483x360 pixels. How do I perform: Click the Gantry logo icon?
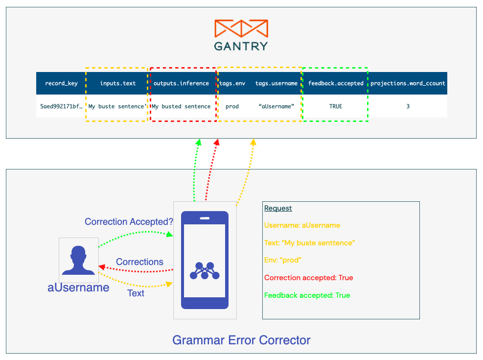point(241,28)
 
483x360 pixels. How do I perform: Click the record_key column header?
point(61,83)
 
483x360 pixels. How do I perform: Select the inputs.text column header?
point(118,83)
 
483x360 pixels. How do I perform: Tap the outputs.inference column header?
point(182,83)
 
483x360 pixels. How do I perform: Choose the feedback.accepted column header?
point(336,83)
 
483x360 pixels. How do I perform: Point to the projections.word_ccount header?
point(408,83)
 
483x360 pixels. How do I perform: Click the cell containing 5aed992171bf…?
point(61,106)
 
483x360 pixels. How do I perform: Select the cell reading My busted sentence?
point(182,106)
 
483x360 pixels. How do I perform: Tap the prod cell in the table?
point(232,106)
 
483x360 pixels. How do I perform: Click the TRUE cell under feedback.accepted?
point(336,106)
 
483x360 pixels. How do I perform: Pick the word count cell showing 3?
point(408,106)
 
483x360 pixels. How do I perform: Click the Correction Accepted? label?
point(129,221)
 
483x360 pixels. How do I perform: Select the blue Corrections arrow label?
point(139,262)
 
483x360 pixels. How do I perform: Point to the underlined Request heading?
point(278,208)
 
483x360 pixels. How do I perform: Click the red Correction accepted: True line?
point(308,278)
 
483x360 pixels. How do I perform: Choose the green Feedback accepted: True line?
point(307,295)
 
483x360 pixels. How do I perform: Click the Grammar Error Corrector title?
point(241,340)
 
